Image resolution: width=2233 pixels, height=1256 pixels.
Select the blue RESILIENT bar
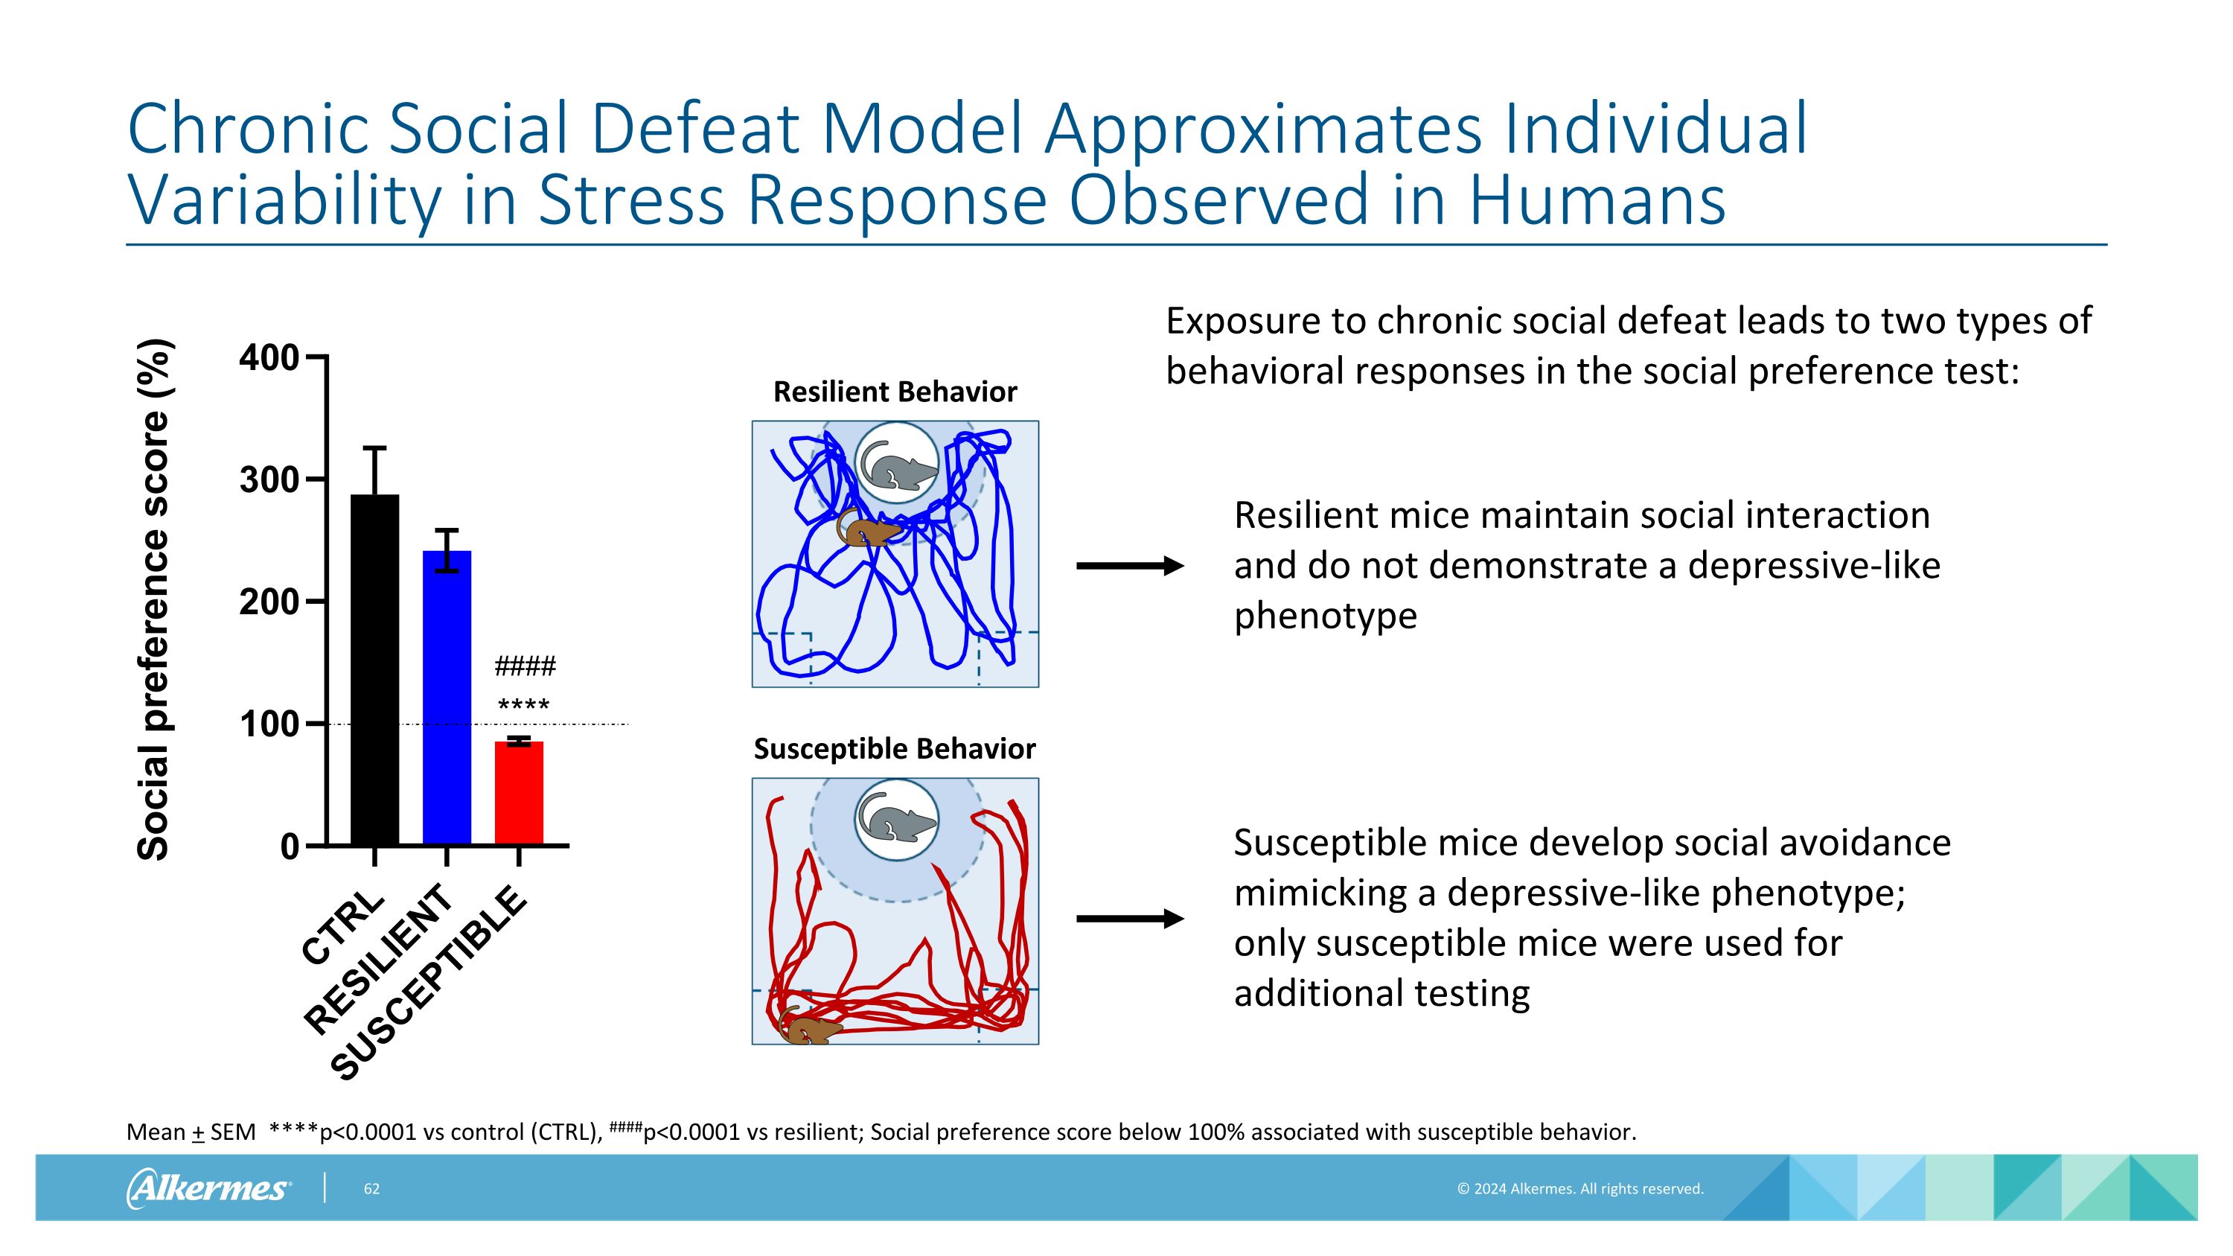pyautogui.click(x=447, y=697)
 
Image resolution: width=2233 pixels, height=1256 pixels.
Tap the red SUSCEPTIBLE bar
pyautogui.click(x=518, y=792)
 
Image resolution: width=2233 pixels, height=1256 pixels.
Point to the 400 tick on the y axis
pyautogui.click(x=269, y=357)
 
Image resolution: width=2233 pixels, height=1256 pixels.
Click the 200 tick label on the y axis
pyautogui.click(x=269, y=602)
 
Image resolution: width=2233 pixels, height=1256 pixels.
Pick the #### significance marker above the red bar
pyautogui.click(x=525, y=666)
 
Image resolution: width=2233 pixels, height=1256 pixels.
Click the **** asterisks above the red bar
pyautogui.click(x=523, y=706)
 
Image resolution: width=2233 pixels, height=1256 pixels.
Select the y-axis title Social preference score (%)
pyautogui.click(x=153, y=600)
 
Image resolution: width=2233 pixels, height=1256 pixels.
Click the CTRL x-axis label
pyautogui.click(x=343, y=927)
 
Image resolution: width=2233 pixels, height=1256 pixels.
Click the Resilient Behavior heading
pyautogui.click(x=895, y=392)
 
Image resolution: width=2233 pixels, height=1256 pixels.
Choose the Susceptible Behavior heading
pyautogui.click(x=895, y=749)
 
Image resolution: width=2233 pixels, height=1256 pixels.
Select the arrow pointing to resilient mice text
pyautogui.click(x=1128, y=566)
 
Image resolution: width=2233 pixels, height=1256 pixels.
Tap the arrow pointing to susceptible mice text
pyautogui.click(x=1128, y=919)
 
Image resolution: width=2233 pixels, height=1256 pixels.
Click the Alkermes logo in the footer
pyautogui.click(x=209, y=1188)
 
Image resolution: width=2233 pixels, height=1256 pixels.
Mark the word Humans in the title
pyautogui.click(x=1596, y=200)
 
